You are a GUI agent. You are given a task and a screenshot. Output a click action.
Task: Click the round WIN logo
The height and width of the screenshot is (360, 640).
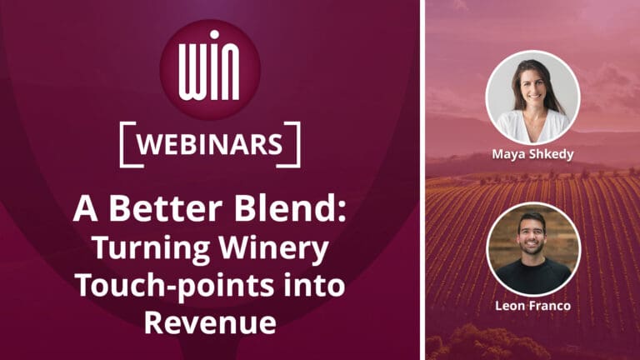[x=211, y=69]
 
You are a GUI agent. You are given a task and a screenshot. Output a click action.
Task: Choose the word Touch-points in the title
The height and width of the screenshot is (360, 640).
[x=162, y=285]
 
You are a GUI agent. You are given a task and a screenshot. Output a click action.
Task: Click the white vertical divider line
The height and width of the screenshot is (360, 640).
[x=422, y=180]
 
